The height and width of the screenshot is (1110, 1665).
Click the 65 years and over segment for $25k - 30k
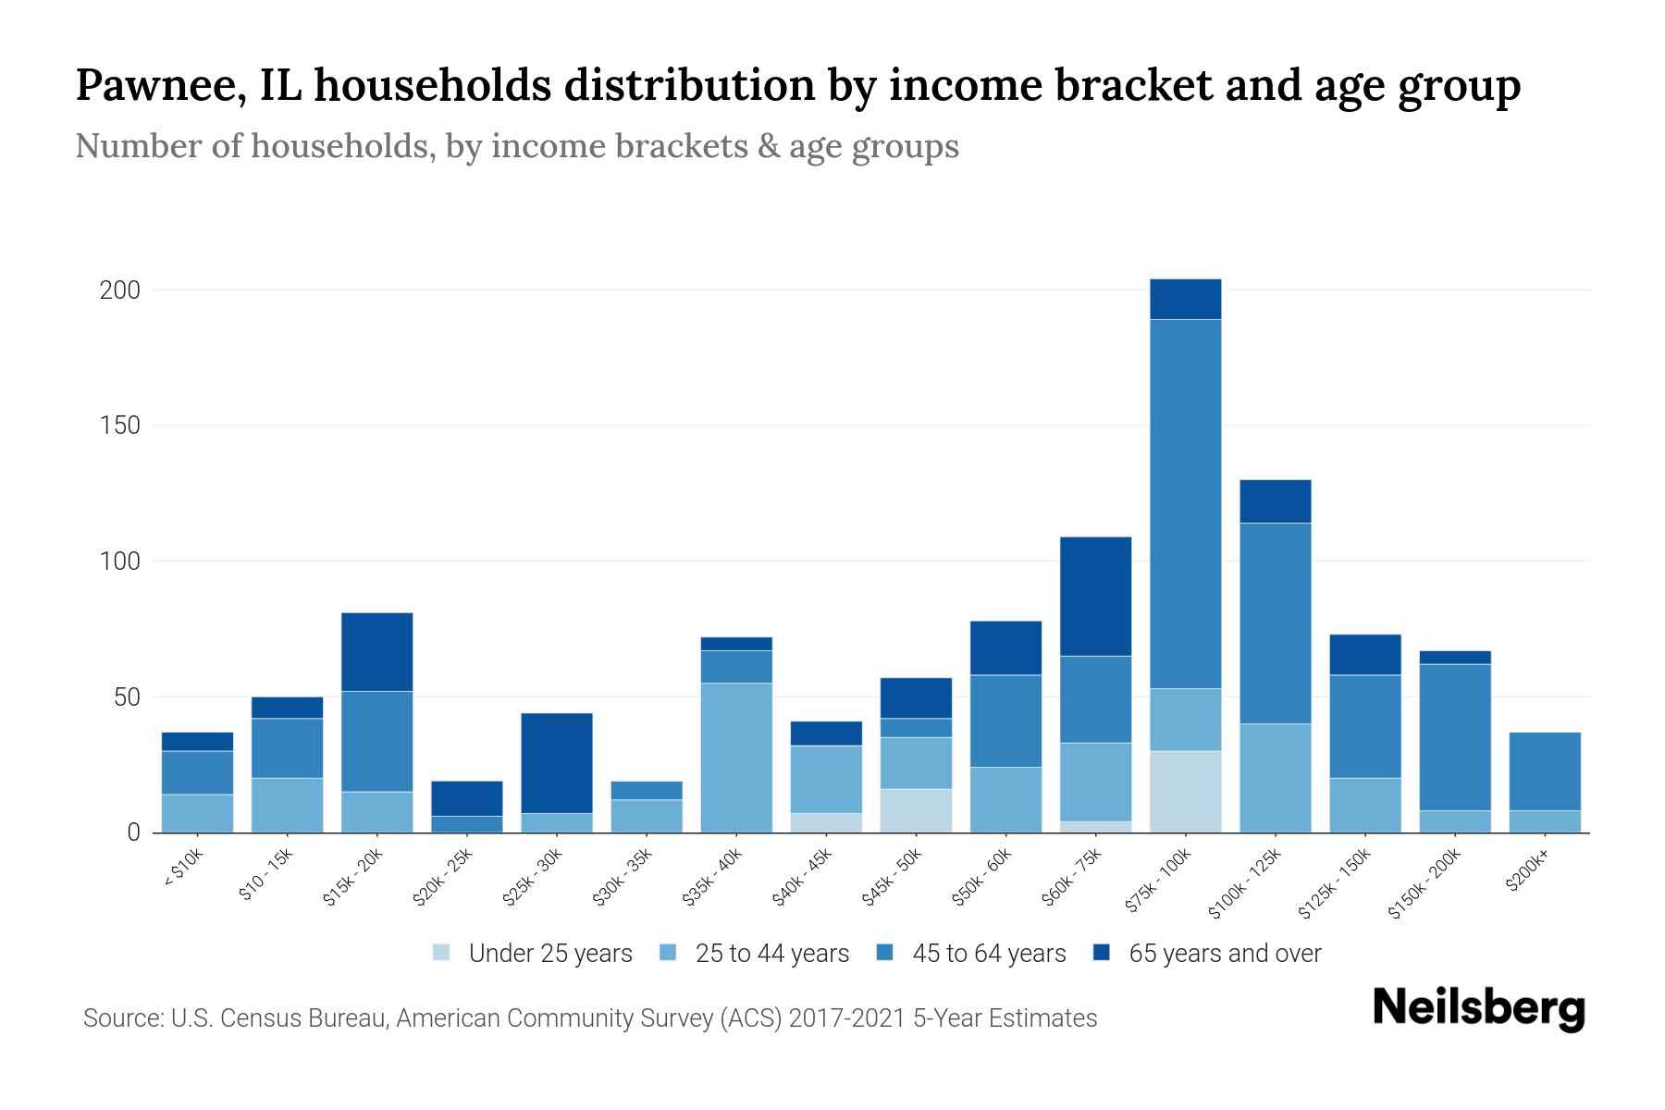coord(556,763)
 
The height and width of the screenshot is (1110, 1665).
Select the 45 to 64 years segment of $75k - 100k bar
coord(1185,504)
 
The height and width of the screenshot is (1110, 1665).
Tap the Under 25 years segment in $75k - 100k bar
coord(1185,791)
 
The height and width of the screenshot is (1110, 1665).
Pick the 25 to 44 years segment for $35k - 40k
coord(736,758)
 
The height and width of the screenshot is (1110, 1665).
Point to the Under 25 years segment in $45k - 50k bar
coord(916,810)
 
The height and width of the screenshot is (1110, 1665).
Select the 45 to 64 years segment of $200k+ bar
coord(1544,771)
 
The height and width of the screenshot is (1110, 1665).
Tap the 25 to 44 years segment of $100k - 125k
coord(1275,778)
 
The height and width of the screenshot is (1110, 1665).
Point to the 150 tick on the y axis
coord(119,425)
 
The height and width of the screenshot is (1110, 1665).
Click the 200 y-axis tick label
coord(119,290)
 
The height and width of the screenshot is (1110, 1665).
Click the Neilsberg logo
coord(1478,1008)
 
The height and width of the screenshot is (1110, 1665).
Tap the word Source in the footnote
coord(122,1018)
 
